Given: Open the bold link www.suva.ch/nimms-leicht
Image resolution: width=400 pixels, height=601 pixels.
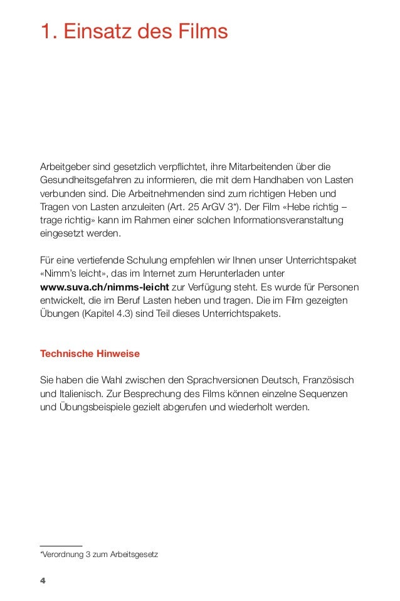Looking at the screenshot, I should pyautogui.click(x=104, y=288).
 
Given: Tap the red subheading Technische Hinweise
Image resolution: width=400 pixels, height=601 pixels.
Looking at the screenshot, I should pyautogui.click(x=90, y=354).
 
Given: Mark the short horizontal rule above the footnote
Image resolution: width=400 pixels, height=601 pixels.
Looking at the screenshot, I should pyautogui.click(x=61, y=546).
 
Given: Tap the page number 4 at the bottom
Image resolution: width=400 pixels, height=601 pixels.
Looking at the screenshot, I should pyautogui.click(x=43, y=580).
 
